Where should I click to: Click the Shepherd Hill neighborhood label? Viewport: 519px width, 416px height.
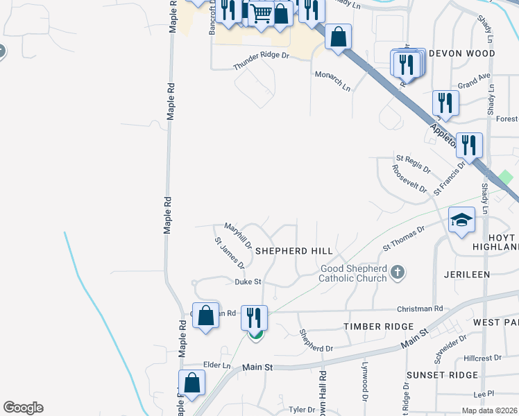(294, 250)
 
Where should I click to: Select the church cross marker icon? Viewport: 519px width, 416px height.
(398, 272)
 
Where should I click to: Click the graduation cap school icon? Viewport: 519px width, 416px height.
(461, 220)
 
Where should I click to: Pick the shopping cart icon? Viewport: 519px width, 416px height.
(261, 13)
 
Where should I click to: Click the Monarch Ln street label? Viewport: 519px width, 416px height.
(332, 81)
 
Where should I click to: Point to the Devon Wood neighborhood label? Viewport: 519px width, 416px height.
(461, 53)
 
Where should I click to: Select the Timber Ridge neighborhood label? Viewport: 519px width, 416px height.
(378, 326)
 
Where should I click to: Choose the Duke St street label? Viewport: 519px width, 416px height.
(248, 282)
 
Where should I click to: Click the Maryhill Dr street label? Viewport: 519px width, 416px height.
(239, 236)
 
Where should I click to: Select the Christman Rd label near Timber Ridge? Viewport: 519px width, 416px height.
(420, 309)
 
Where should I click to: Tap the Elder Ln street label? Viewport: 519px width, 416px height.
(216, 365)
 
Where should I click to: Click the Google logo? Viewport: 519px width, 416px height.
(23, 408)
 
